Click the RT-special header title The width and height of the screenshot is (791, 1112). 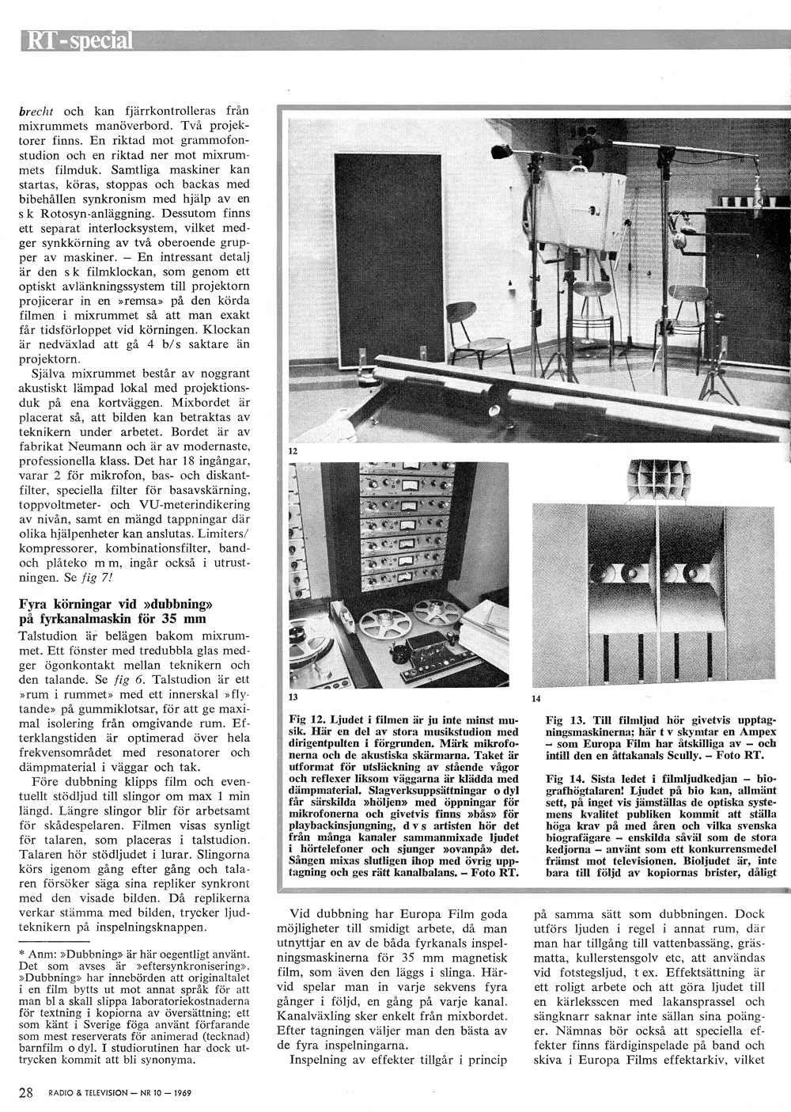(x=78, y=40)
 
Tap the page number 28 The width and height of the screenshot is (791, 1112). (x=26, y=1093)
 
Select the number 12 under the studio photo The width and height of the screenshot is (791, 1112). (x=293, y=450)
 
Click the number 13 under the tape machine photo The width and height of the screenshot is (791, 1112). (x=293, y=699)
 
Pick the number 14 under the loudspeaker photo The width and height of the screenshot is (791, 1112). (x=536, y=699)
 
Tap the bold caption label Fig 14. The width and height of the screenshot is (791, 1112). (x=562, y=779)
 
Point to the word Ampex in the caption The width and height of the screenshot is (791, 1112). (x=757, y=733)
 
